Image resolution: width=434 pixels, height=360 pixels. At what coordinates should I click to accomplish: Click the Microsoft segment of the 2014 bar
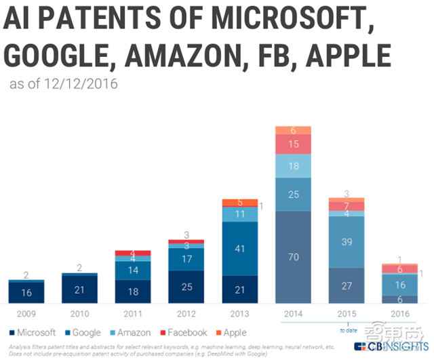[293, 258]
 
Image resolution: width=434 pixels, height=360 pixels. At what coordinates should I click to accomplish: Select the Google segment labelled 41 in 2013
[239, 248]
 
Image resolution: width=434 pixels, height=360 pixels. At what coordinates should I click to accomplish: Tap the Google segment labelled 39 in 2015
[347, 242]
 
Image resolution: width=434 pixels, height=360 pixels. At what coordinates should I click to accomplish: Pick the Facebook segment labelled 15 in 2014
[293, 144]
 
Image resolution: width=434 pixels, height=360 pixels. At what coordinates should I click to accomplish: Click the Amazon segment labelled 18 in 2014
[293, 166]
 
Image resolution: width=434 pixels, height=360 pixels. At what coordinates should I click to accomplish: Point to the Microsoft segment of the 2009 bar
[26, 292]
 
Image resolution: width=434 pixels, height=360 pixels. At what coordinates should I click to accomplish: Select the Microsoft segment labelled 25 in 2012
[186, 287]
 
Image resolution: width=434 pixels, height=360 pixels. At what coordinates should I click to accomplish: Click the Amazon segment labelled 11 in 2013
[239, 214]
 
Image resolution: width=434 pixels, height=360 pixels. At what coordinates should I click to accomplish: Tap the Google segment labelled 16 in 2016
[400, 284]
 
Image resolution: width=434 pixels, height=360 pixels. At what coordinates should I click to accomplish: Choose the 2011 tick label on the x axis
[133, 314]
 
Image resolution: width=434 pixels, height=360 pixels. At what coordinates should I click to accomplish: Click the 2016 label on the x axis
[400, 314]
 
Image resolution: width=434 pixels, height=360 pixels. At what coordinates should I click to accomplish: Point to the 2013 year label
[239, 314]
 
